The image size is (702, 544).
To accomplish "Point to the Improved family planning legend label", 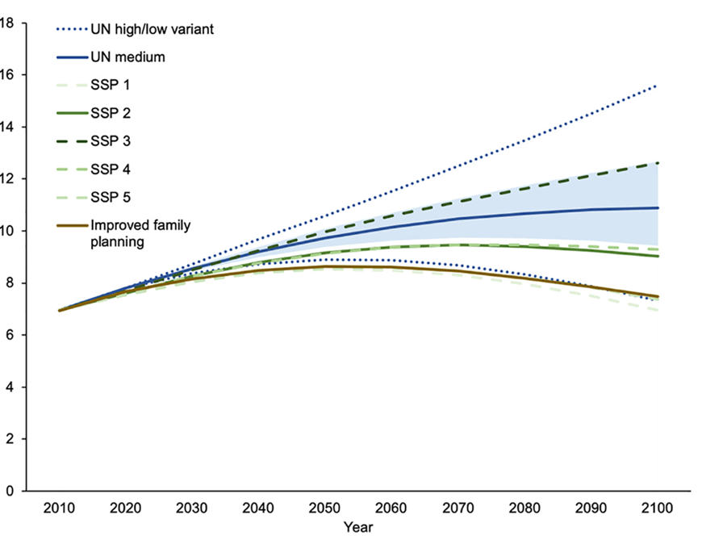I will coord(141,232).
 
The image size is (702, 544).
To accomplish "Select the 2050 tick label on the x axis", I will coord(323,508).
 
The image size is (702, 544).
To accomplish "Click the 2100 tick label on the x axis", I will coord(654,508).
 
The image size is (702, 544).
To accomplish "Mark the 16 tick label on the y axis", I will coord(9,74).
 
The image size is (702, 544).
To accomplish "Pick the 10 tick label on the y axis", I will coord(9,231).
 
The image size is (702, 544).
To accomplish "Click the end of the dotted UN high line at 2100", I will coord(655,86).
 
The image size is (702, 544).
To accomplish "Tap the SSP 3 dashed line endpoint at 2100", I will coord(658,163).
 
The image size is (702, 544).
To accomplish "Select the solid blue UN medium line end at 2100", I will coord(658,208).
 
